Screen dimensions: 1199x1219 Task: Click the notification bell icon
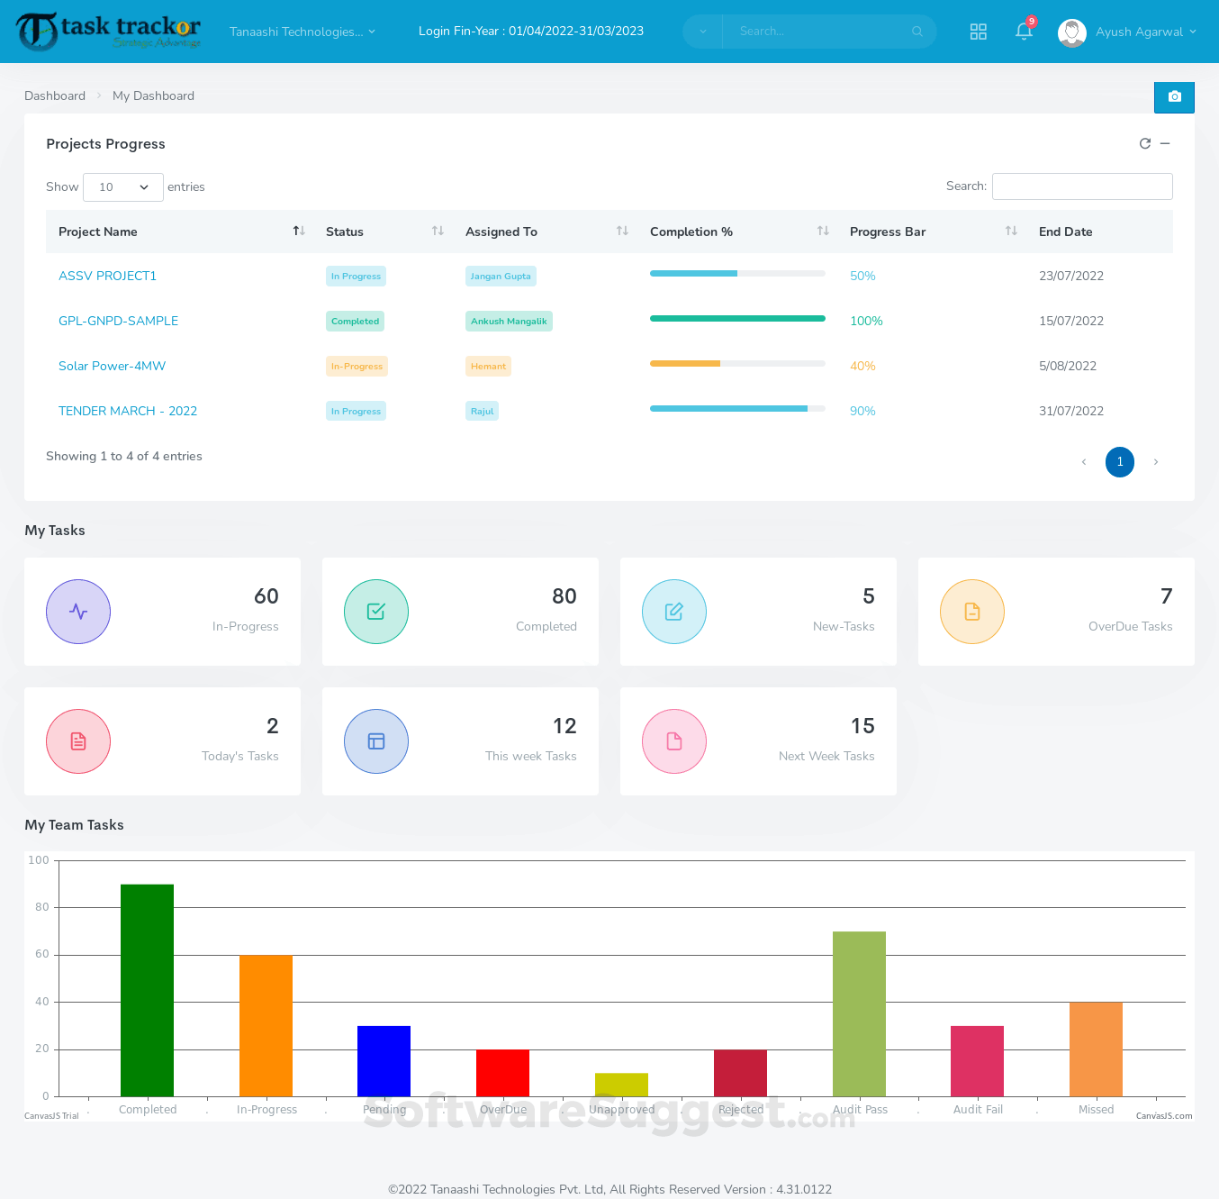(x=1023, y=32)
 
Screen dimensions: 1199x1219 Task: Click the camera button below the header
(x=1174, y=96)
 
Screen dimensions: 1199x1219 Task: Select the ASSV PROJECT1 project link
(x=107, y=276)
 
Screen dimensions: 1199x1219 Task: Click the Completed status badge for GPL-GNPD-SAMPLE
(x=355, y=322)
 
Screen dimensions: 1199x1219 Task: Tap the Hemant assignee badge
(x=488, y=367)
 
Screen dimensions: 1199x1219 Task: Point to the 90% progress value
(x=862, y=411)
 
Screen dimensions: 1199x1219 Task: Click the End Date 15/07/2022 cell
(x=1070, y=321)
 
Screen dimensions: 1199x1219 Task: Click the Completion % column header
(x=691, y=232)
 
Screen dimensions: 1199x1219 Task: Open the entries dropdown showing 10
(x=123, y=187)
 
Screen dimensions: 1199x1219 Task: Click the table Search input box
(x=1082, y=186)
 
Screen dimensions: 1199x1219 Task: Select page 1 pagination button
(x=1119, y=462)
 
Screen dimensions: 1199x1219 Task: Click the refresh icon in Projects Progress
(x=1145, y=143)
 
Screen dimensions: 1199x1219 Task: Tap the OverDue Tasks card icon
(x=971, y=612)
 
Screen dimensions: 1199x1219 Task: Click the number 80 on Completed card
(x=564, y=596)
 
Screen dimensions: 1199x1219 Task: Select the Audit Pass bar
(x=859, y=1013)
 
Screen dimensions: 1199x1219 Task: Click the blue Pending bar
(x=384, y=1060)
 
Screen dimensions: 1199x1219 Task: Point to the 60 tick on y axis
(x=42, y=954)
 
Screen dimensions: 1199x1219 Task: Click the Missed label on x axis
(x=1096, y=1110)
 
